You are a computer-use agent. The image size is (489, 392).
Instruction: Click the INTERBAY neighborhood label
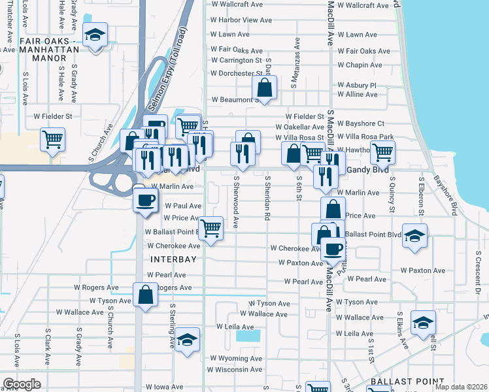click(x=173, y=259)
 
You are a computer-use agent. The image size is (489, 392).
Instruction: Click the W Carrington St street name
click(x=236, y=60)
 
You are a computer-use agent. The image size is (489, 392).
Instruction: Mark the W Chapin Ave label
click(x=360, y=65)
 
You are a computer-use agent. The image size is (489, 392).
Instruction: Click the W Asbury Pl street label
click(x=357, y=85)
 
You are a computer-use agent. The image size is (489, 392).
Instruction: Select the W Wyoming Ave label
click(x=236, y=358)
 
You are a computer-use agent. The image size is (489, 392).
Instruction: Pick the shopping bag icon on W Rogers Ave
click(x=145, y=295)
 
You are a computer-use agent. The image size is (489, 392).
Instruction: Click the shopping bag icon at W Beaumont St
click(x=264, y=88)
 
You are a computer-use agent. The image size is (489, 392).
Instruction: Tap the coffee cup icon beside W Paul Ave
click(x=145, y=199)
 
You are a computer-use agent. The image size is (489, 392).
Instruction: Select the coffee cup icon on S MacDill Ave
click(x=333, y=249)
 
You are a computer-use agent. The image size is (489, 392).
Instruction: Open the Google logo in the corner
click(x=22, y=384)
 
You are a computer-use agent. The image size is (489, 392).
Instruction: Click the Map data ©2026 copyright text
click(x=461, y=387)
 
